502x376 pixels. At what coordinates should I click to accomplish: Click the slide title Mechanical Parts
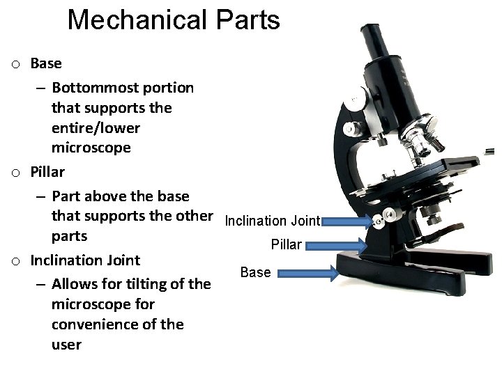174,20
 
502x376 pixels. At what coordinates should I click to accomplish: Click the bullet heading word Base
46,63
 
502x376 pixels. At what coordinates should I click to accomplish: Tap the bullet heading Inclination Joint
85,260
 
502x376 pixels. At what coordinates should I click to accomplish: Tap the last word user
66,344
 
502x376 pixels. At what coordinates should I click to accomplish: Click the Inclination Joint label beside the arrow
272,221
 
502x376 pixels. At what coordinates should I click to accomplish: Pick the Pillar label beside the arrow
287,245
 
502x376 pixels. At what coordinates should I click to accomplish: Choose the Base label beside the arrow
255,272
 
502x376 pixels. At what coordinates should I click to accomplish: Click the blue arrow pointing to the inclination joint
347,221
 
